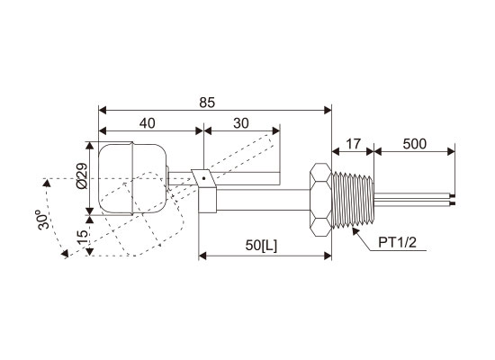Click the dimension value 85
207,103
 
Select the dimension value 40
148,123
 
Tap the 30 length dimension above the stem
241,123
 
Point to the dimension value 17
353,144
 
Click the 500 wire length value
415,144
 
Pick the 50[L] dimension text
261,245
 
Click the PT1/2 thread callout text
398,242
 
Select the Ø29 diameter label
82,175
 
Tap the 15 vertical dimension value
82,236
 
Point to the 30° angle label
43,220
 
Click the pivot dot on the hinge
204,178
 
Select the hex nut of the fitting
320,200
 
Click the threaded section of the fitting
353,200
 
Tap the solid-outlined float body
132,179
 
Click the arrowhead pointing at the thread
355,230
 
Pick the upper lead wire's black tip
453,196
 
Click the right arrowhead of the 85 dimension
328,110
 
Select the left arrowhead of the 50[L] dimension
202,256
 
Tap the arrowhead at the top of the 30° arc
47,183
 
